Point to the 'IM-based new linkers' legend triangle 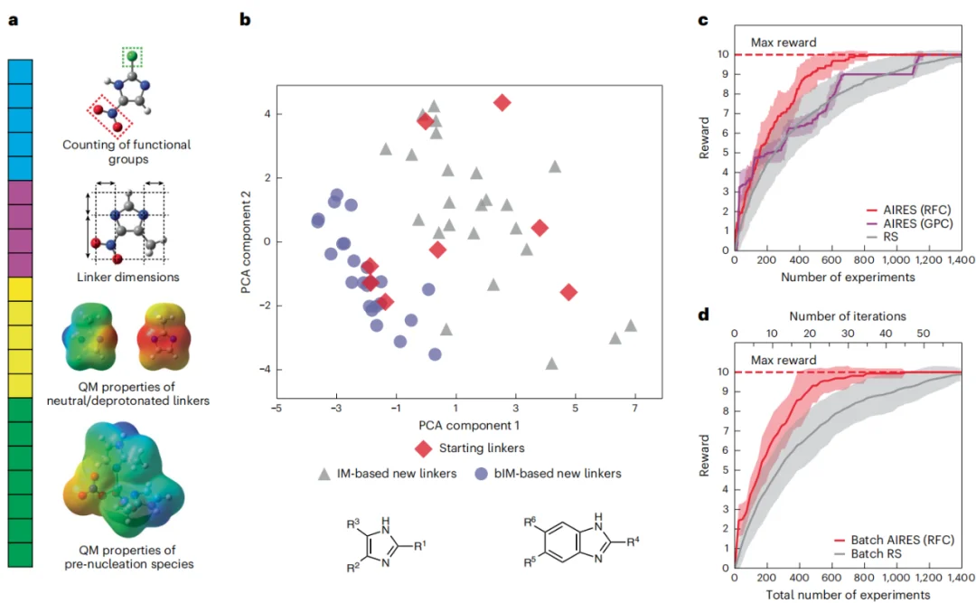[x=324, y=473]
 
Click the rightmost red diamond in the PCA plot [x=568, y=292]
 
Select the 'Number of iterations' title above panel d [x=847, y=316]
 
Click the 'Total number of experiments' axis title [x=847, y=595]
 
